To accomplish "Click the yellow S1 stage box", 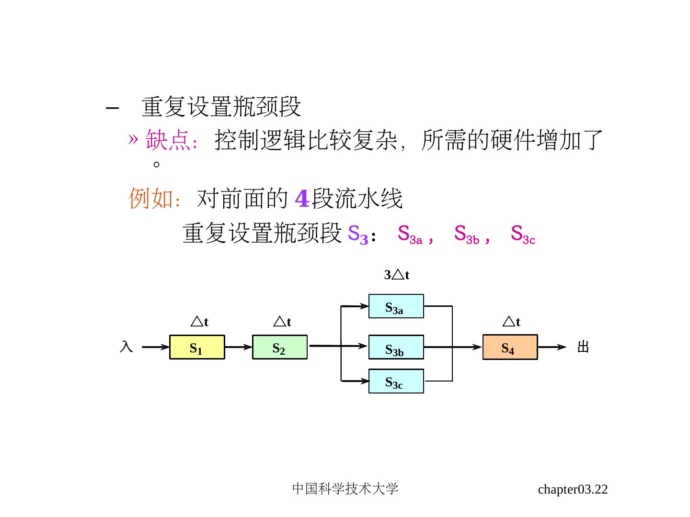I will click(x=197, y=348).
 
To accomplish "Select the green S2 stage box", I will click(x=279, y=348).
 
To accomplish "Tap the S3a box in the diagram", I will click(x=396, y=306).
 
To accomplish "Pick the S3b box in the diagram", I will click(x=396, y=348).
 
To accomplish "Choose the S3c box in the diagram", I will click(x=396, y=382).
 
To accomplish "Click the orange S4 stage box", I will click(x=510, y=348).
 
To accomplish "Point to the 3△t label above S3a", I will click(x=397, y=275).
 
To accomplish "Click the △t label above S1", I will click(x=199, y=322).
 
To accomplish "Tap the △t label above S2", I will click(x=282, y=322).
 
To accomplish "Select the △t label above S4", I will click(x=511, y=322).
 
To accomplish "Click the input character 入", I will click(x=126, y=347).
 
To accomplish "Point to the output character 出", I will click(x=583, y=347).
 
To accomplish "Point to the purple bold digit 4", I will click(x=302, y=199).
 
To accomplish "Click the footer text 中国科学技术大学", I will click(x=345, y=489).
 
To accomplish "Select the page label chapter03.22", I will click(x=573, y=489).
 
